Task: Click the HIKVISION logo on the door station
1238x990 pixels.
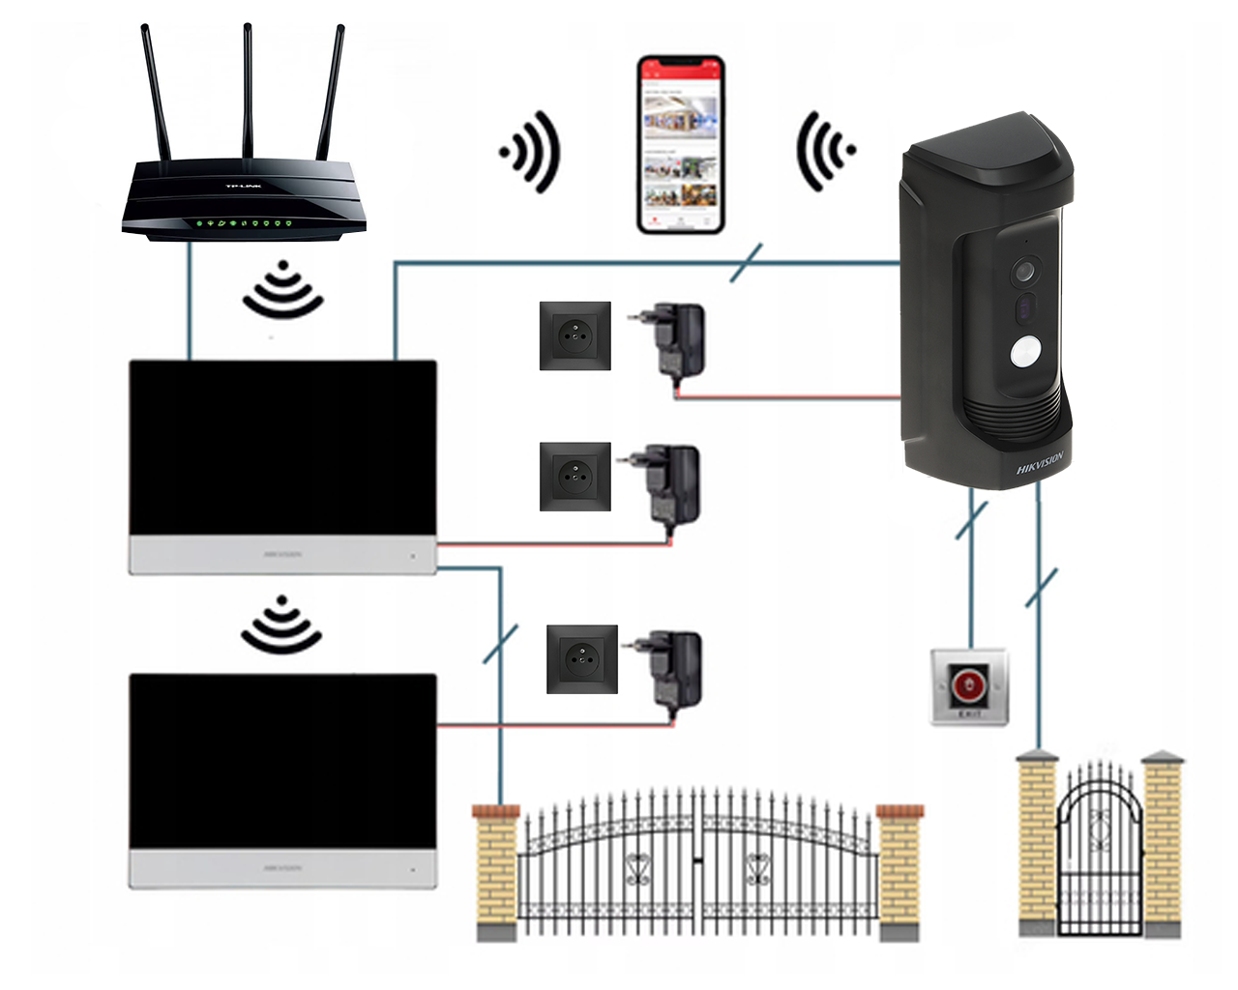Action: [x=1040, y=463]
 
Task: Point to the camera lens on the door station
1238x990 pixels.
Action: [x=1023, y=272]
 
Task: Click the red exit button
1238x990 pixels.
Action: [x=968, y=685]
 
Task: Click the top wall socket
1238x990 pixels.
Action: [x=575, y=335]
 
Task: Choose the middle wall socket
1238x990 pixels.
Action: [x=575, y=476]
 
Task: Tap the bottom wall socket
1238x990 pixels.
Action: [x=581, y=658]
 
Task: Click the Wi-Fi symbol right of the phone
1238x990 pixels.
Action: [x=823, y=151]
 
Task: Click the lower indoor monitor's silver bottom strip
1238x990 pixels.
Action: [x=282, y=868]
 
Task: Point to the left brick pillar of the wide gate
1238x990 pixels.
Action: [x=496, y=870]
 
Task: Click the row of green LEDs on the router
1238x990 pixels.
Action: [x=244, y=223]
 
